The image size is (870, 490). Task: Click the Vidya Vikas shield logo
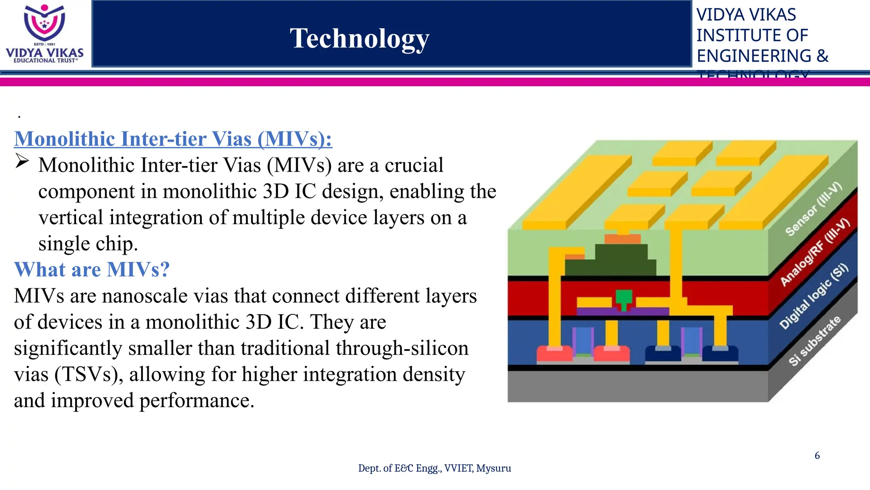click(x=44, y=23)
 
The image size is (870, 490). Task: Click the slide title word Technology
click(x=359, y=38)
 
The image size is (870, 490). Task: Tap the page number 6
click(x=817, y=456)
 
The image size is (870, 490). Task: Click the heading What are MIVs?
click(x=92, y=270)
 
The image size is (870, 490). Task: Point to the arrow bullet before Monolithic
click(x=22, y=162)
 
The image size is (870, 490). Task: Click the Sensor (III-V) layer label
click(x=813, y=209)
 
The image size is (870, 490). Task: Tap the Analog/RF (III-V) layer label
click(x=815, y=252)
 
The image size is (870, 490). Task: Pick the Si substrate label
click(x=814, y=341)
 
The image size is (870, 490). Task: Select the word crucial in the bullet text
click(x=414, y=165)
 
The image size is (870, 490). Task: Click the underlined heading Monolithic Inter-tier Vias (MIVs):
click(x=173, y=139)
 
